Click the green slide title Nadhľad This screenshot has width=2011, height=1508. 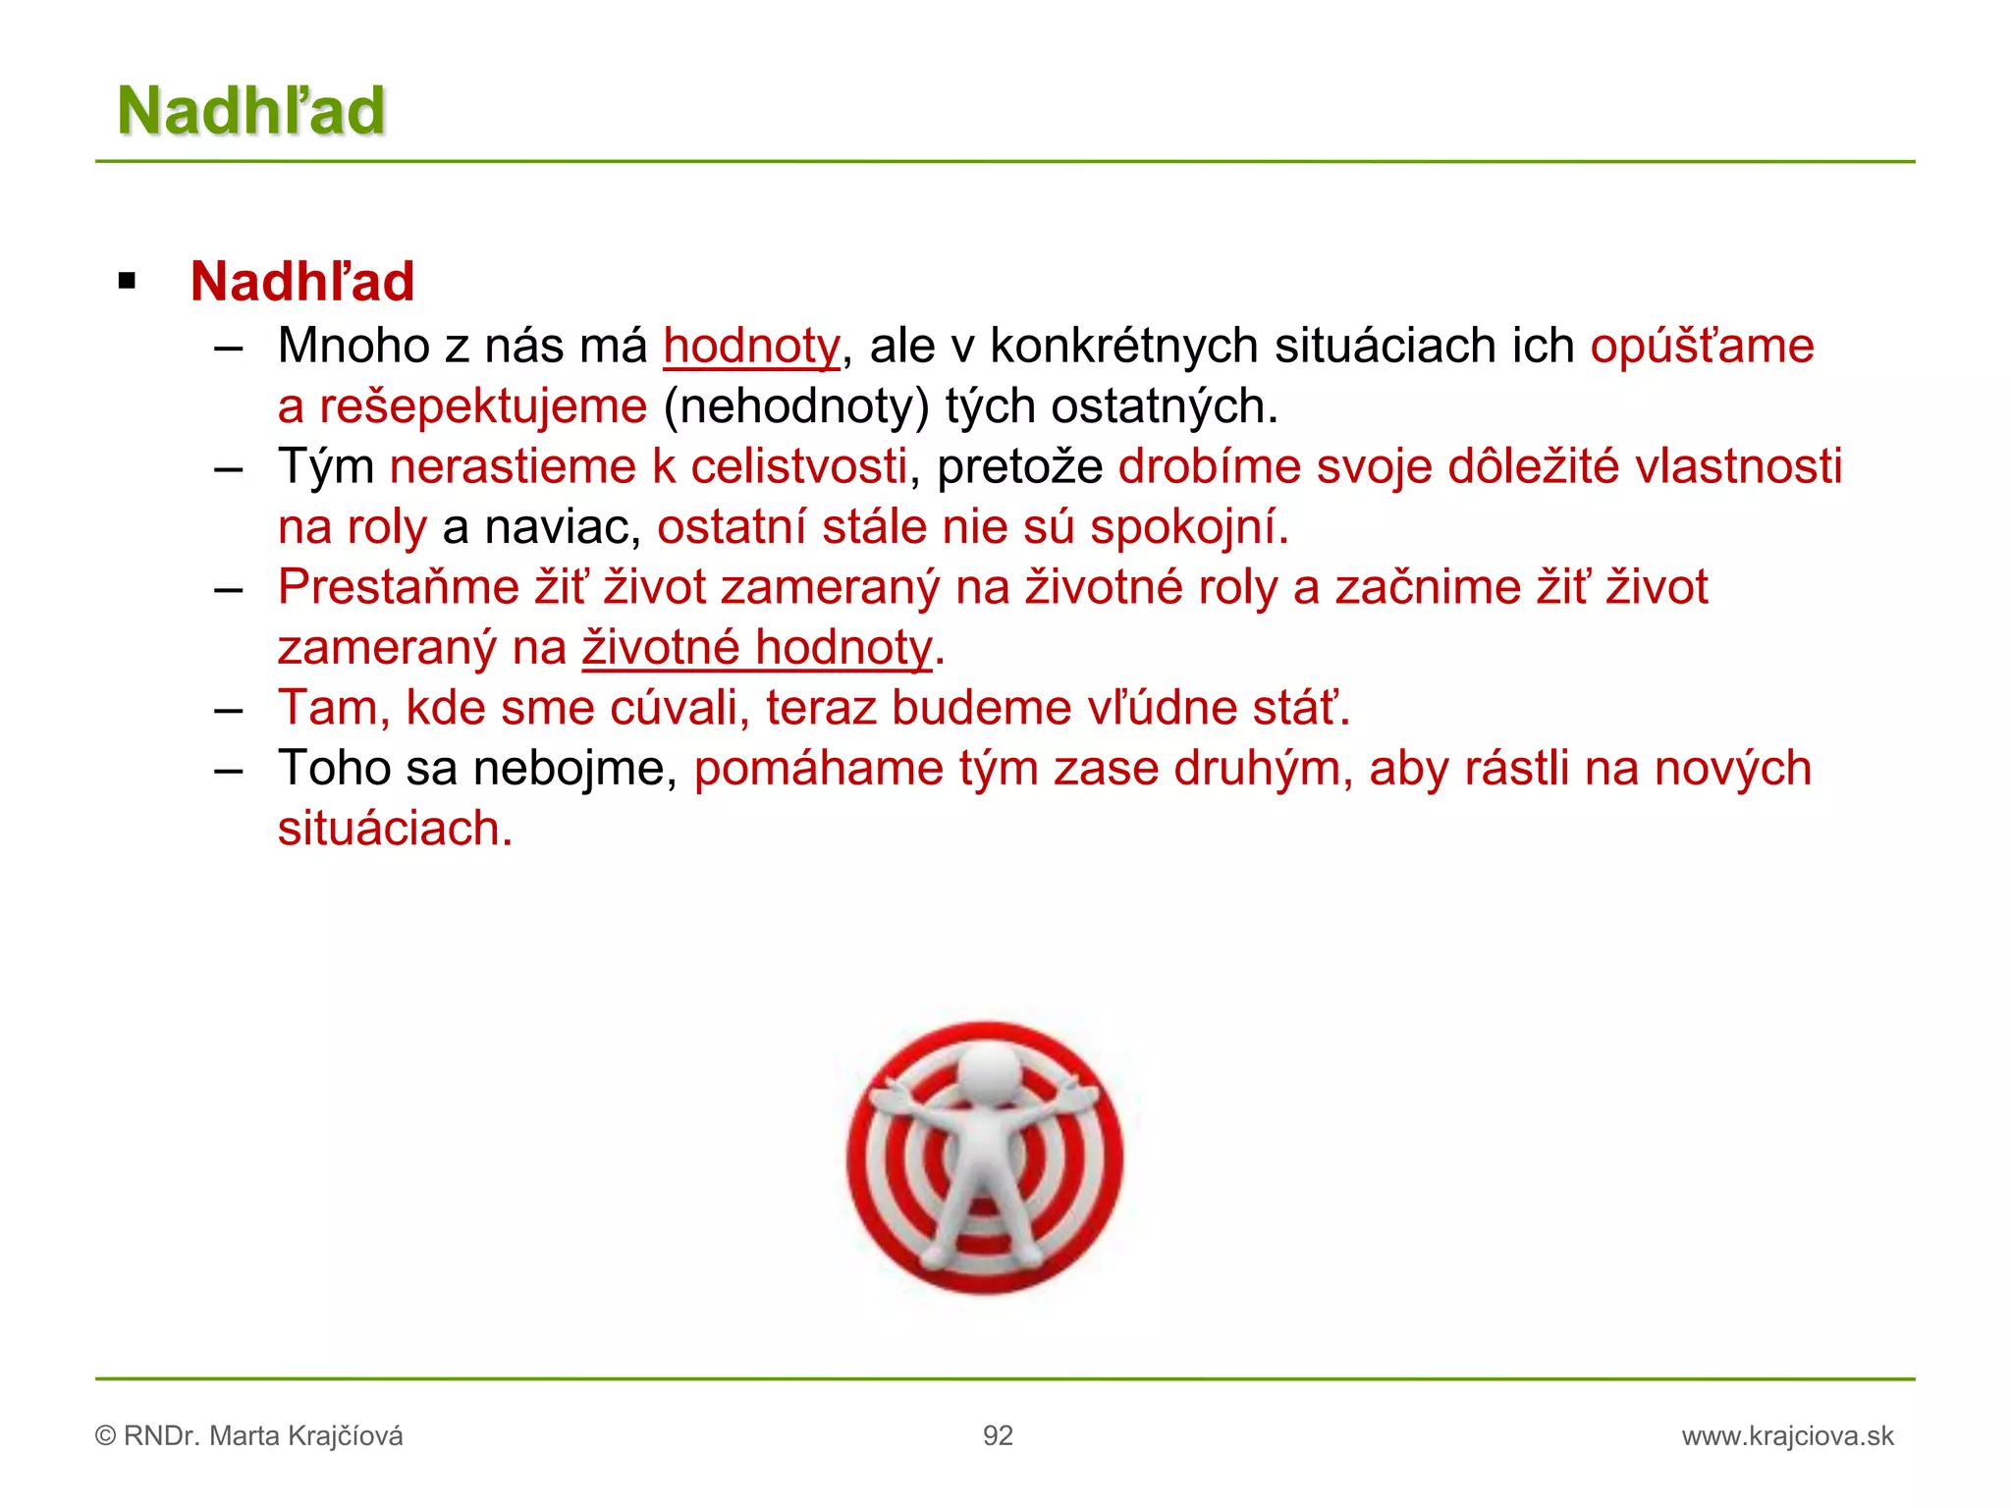click(251, 110)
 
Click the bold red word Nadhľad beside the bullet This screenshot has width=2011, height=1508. click(302, 282)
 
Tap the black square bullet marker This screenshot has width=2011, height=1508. click(127, 282)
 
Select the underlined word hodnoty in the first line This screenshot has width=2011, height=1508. click(751, 347)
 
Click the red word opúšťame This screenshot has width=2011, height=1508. click(1702, 347)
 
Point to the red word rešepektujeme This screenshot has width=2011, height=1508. click(482, 407)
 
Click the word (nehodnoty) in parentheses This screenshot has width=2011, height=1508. click(795, 407)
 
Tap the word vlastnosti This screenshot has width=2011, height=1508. click(1738, 467)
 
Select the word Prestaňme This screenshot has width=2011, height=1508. click(398, 588)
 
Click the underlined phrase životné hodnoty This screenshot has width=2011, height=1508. click(756, 649)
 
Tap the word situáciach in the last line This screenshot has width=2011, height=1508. click(394, 830)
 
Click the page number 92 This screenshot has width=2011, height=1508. click(998, 1436)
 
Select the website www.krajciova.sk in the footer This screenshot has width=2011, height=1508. click(1787, 1436)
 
